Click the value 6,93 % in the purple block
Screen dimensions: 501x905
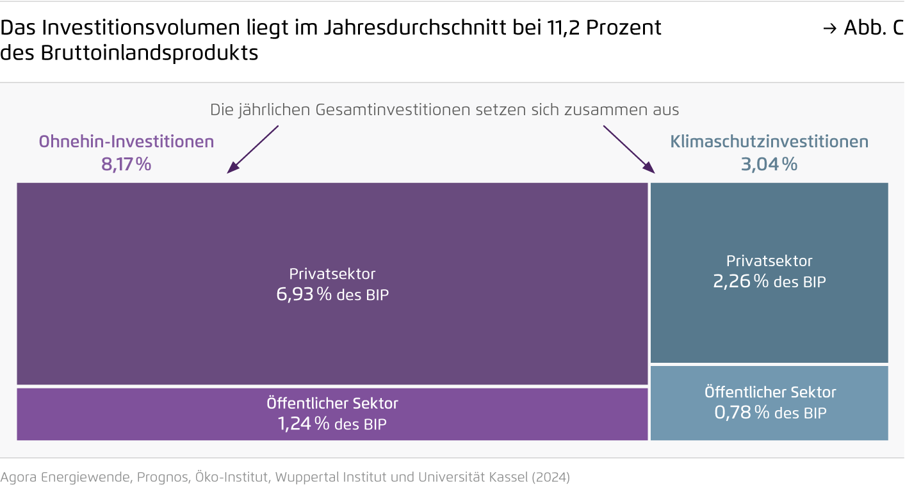(x=304, y=294)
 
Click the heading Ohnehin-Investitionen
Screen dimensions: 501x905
(x=126, y=141)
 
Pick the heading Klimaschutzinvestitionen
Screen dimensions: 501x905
(x=769, y=141)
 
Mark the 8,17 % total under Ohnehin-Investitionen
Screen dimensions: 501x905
(x=126, y=164)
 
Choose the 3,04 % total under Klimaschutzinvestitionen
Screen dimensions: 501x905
(x=769, y=164)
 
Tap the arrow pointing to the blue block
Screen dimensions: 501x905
(x=630, y=149)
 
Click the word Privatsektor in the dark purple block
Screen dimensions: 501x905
(x=332, y=274)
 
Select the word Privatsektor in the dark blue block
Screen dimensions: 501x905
(x=769, y=261)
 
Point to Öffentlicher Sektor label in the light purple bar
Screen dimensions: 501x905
(x=332, y=403)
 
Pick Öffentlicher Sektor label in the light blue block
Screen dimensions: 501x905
(x=770, y=392)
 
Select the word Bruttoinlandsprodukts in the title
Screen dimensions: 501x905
(x=149, y=53)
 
